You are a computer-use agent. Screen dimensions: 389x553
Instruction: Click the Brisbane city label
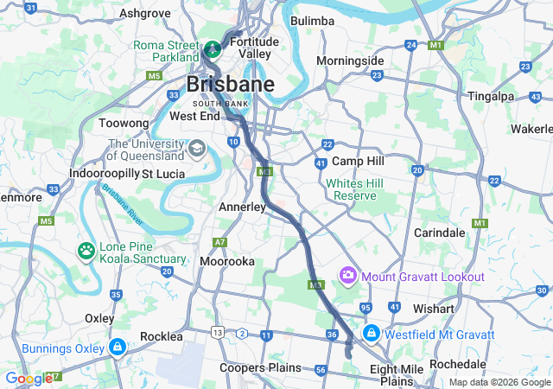(231, 85)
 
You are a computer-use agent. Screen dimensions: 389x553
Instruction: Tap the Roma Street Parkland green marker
(213, 46)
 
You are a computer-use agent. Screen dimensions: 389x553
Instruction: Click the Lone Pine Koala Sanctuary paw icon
(86, 252)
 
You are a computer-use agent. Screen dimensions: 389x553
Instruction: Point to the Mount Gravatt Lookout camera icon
(348, 276)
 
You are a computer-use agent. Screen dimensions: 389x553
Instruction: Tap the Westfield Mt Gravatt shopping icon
(371, 333)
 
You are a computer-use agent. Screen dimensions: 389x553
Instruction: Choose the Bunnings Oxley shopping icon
(117, 348)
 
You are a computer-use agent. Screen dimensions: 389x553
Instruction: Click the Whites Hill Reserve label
(351, 189)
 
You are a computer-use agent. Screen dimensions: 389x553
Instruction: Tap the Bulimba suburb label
(312, 21)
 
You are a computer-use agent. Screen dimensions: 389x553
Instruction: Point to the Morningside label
(349, 61)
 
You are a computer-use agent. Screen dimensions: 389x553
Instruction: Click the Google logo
(29, 379)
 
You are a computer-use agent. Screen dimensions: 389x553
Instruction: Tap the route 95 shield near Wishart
(366, 308)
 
